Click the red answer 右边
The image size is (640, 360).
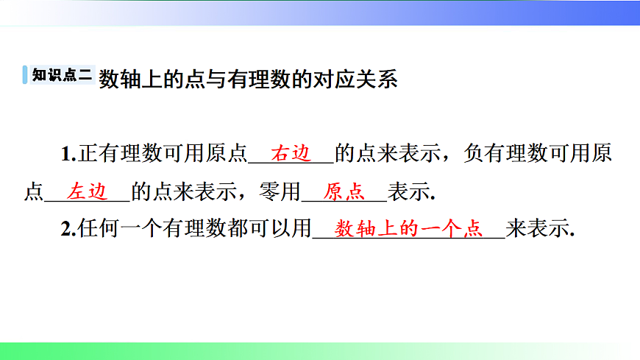click(292, 154)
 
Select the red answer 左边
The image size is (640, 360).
click(88, 191)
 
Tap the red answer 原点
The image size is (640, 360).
click(344, 191)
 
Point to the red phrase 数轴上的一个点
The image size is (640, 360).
click(408, 229)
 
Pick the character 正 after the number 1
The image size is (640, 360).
click(87, 155)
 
